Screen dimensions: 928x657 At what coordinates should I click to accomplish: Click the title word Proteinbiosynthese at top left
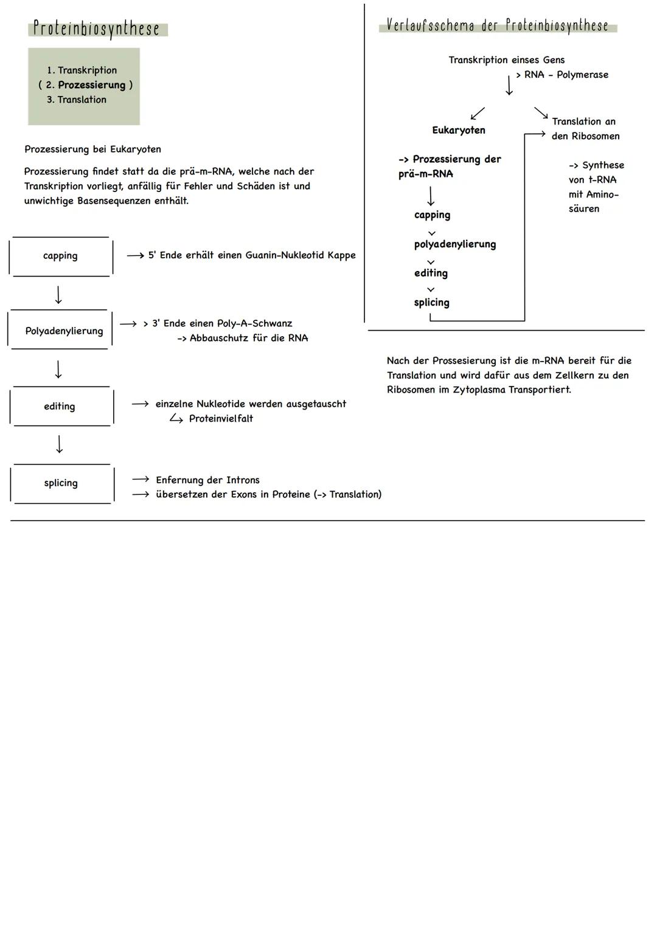click(96, 29)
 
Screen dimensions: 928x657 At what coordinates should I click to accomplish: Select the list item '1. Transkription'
click(82, 70)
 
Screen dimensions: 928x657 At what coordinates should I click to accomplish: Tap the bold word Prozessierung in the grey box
click(91, 85)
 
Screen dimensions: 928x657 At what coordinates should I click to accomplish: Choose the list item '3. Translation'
click(77, 100)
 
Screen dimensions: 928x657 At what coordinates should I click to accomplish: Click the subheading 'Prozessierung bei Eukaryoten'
click(92, 149)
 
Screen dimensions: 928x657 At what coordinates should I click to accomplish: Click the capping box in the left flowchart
click(60, 256)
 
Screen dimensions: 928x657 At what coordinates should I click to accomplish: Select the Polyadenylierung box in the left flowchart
click(64, 331)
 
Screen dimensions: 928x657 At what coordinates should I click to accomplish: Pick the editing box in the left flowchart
click(60, 407)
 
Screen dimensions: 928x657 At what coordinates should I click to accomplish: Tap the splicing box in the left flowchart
click(61, 483)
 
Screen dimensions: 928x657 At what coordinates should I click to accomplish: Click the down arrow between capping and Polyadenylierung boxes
click(58, 295)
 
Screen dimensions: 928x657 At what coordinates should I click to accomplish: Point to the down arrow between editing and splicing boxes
click(59, 444)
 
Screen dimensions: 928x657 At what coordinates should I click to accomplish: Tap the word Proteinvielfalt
click(221, 419)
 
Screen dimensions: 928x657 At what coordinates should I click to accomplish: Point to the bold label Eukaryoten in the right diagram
click(459, 130)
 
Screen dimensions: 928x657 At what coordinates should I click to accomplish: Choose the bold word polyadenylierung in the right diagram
click(455, 244)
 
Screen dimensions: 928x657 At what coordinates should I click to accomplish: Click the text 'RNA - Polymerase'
click(566, 75)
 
